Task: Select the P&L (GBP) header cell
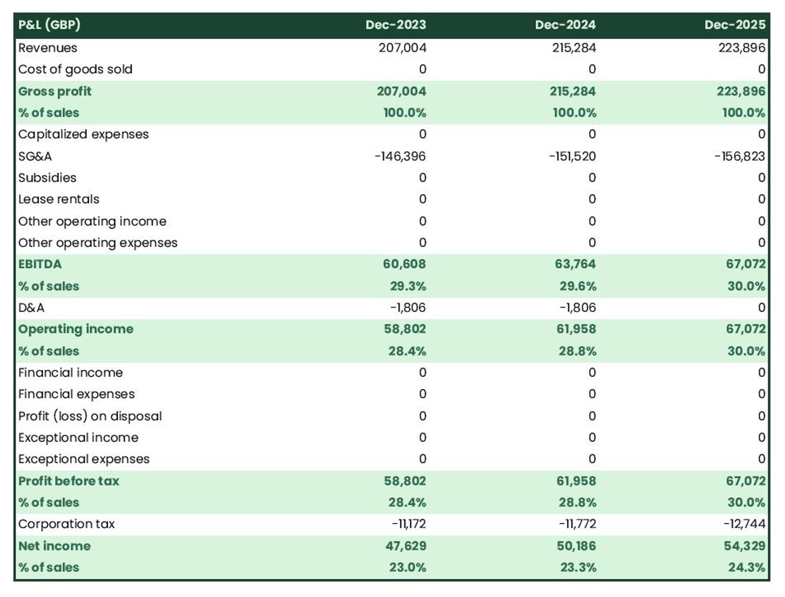[49, 25]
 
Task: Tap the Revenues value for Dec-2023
[402, 47]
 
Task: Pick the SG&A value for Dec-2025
[740, 156]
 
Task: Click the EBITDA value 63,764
[575, 264]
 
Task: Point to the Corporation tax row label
[66, 524]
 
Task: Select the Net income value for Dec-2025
[744, 546]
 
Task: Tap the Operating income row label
[76, 329]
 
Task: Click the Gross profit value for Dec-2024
[572, 91]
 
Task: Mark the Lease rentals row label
[59, 199]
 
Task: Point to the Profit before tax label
[68, 481]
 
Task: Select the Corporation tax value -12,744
[744, 524]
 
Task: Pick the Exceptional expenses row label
[84, 459]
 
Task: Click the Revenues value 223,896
[741, 47]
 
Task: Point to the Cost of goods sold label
[75, 69]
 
